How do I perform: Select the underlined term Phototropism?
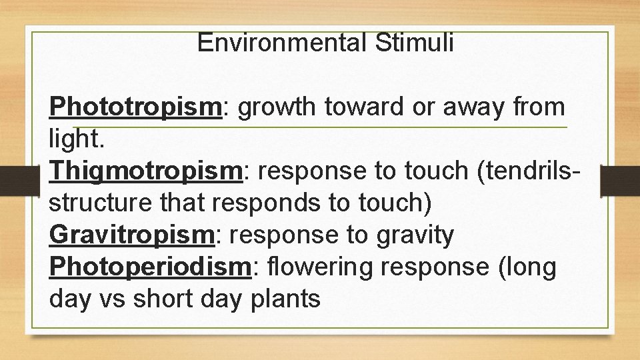tap(135, 107)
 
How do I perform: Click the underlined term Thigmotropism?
tap(145, 171)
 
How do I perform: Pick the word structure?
tap(101, 203)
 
